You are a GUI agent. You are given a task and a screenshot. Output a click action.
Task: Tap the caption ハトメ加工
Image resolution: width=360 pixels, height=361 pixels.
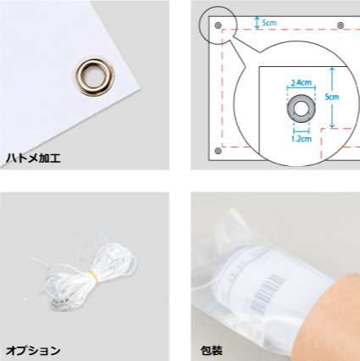tap(33, 158)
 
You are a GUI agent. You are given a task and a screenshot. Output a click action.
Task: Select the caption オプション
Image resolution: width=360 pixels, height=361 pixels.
tap(33, 351)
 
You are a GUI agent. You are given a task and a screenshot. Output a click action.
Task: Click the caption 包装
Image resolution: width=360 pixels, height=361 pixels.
tap(212, 351)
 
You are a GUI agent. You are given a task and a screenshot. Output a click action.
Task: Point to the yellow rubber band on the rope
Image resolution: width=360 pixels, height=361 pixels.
tap(94, 276)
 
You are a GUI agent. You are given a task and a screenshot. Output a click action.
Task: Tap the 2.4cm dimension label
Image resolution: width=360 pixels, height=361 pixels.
tap(302, 82)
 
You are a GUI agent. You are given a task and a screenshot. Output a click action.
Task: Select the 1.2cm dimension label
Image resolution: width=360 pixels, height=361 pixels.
tap(302, 139)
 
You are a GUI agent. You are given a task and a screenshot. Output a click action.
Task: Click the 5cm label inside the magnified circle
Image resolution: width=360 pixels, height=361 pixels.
tap(331, 97)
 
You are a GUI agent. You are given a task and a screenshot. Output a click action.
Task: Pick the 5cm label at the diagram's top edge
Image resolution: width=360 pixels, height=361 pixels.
tap(269, 23)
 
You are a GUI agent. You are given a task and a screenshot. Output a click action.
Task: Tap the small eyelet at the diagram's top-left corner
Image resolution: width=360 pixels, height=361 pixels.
tap(218, 25)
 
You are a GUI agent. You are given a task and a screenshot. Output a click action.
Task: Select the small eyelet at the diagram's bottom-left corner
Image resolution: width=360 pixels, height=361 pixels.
tap(218, 151)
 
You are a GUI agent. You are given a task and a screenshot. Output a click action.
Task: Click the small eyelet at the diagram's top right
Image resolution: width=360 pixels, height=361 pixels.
tap(341, 25)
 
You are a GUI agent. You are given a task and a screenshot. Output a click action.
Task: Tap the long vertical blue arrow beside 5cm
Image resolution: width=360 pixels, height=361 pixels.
tap(332, 97)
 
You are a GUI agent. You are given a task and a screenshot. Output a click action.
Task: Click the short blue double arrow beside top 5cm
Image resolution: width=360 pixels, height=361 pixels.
tap(257, 23)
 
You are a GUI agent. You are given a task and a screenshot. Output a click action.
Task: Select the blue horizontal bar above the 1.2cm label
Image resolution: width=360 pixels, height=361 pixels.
tap(302, 131)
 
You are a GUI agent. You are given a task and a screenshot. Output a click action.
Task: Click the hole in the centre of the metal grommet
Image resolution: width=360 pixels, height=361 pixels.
tap(95, 75)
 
